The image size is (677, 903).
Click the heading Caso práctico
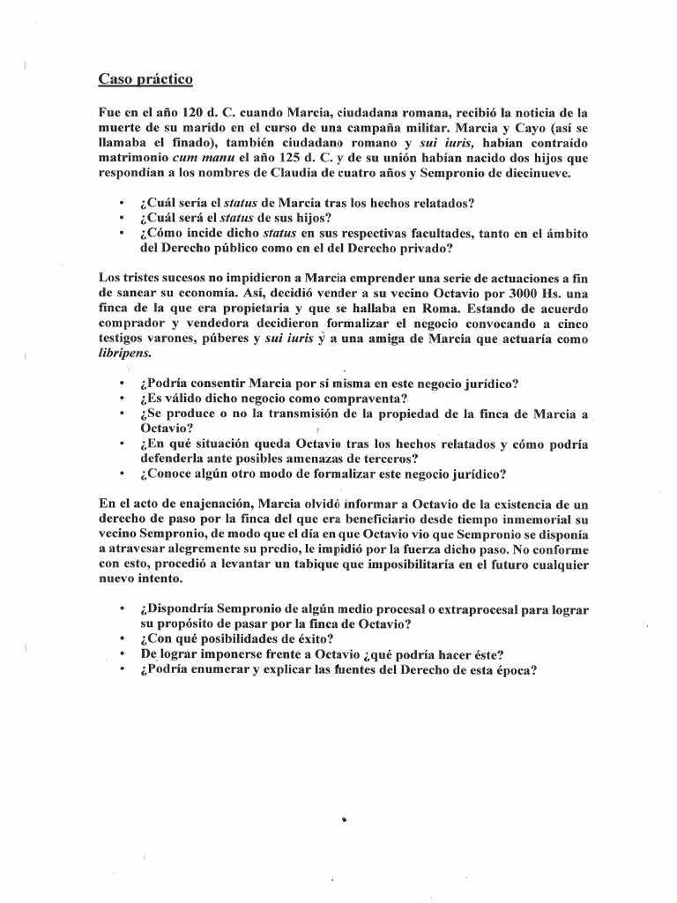145,79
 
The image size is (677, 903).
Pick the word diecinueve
536,173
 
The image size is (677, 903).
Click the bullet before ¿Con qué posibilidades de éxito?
119,639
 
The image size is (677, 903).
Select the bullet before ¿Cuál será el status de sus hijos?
119,218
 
